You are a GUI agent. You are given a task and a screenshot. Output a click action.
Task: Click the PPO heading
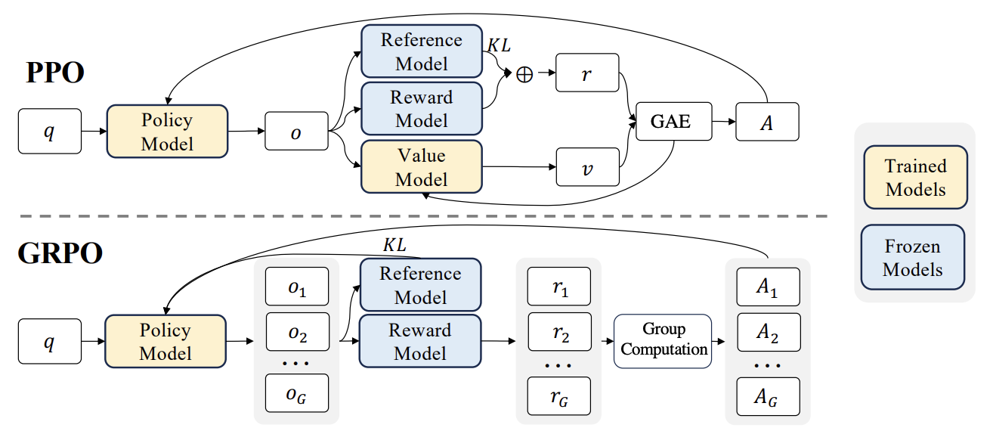(x=55, y=73)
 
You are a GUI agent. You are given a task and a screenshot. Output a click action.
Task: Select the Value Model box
(x=421, y=167)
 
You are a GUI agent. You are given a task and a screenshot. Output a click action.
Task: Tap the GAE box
(x=673, y=121)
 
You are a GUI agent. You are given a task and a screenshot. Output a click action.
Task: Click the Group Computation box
(x=663, y=340)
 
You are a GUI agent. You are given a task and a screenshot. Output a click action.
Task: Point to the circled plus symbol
(x=524, y=74)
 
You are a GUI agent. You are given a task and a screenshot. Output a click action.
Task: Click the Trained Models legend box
(x=915, y=177)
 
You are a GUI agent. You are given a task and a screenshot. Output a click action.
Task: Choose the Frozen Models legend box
(x=913, y=257)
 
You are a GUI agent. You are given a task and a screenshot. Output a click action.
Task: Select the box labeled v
(x=587, y=167)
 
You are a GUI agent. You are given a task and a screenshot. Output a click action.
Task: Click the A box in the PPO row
(x=767, y=121)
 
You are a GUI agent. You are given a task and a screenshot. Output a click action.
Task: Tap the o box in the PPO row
(x=296, y=132)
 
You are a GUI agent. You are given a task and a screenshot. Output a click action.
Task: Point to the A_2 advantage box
(x=768, y=332)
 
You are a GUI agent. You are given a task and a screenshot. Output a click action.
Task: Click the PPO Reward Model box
(x=421, y=109)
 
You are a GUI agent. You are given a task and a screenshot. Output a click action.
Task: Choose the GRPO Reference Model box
(x=421, y=284)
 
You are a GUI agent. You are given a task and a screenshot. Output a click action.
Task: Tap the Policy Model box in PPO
(x=167, y=132)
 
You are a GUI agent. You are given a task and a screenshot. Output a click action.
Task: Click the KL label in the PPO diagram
(x=498, y=45)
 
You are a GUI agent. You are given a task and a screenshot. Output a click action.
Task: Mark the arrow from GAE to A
(x=723, y=121)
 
